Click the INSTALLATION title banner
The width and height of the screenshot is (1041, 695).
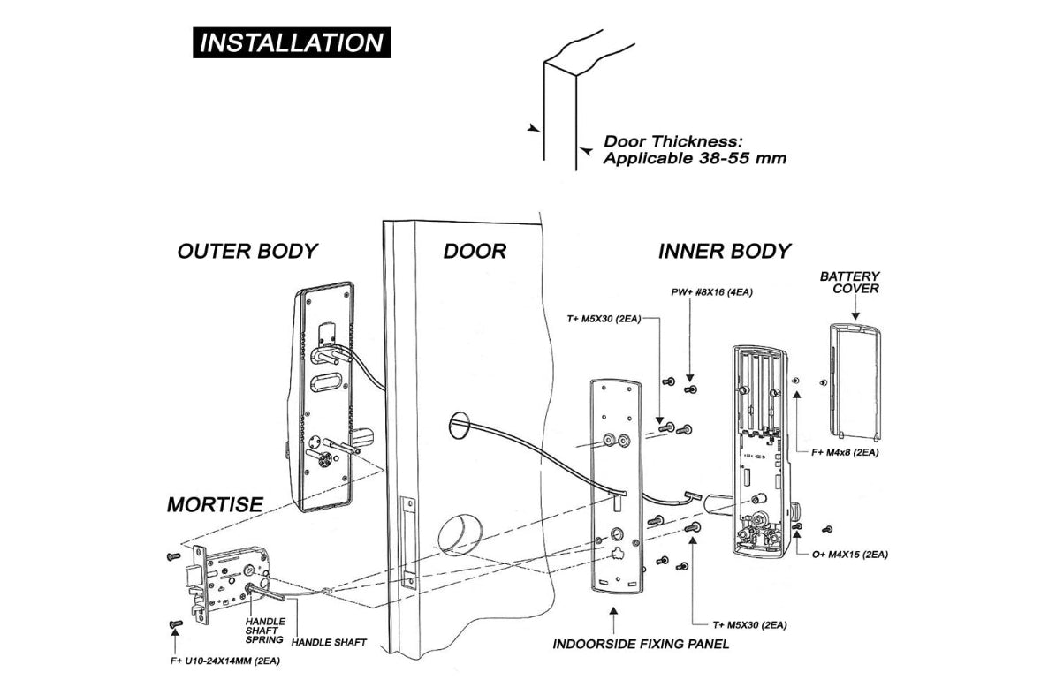click(x=292, y=42)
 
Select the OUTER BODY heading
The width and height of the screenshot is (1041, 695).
click(x=247, y=251)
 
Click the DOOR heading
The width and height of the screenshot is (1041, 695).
click(x=475, y=251)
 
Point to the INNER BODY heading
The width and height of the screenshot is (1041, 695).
click(x=724, y=251)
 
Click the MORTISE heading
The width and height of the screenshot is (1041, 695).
click(x=215, y=504)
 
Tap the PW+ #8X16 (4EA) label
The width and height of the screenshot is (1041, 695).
click(x=712, y=291)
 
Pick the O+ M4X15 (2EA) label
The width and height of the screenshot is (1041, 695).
click(x=850, y=555)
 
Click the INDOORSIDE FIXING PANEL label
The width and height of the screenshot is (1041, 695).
click(x=641, y=644)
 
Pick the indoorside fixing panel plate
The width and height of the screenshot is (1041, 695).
click(x=616, y=486)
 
